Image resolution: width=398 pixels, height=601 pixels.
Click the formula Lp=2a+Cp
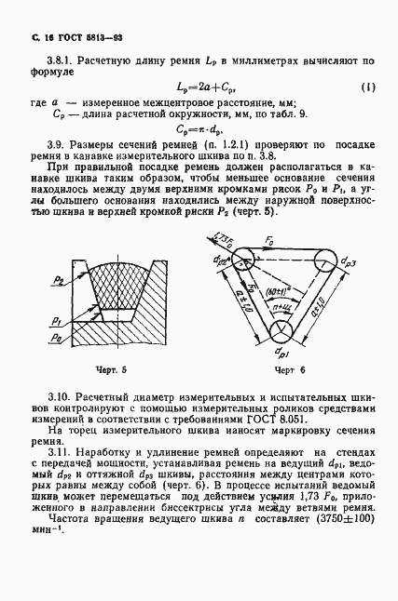[x=199, y=87]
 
